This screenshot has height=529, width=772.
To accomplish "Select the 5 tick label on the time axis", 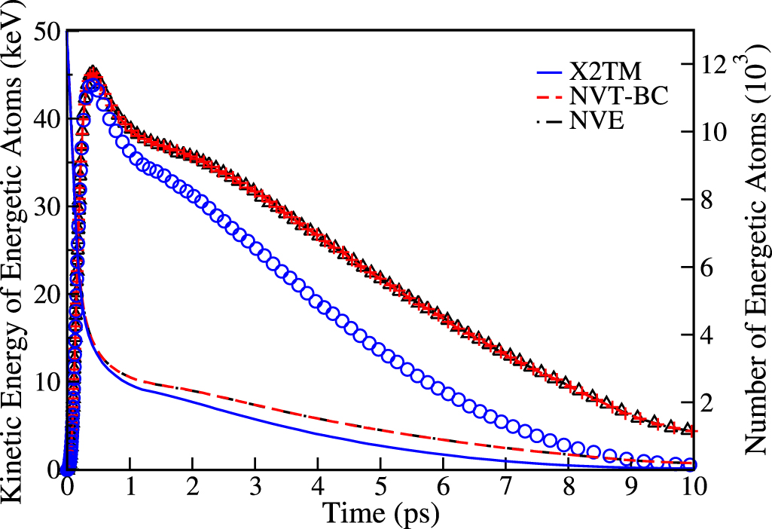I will pos(380,486).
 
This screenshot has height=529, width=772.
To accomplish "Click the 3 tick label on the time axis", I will pos(255,486).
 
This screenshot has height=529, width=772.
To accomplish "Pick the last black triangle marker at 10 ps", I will pos(688,429).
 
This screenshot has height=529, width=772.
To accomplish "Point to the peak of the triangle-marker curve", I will pos(93,72).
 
